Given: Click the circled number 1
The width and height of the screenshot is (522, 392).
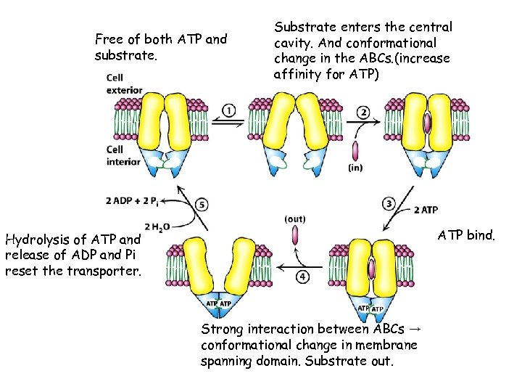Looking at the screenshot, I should tap(229, 110).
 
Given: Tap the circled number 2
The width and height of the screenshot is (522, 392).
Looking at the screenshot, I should tap(362, 112).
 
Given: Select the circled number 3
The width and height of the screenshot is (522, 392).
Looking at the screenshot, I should tap(389, 203).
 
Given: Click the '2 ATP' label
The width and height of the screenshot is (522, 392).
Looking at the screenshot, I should tap(426, 210).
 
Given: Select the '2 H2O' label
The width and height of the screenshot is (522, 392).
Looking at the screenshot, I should tap(157, 226).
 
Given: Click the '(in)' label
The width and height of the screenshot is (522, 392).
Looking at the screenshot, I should tap(355, 168).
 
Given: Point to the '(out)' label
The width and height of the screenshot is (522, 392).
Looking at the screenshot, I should tap(295, 219).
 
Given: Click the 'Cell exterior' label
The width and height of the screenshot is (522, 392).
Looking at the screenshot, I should tap(124, 84).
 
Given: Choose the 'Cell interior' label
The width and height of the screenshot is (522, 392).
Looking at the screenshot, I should tap(123, 155).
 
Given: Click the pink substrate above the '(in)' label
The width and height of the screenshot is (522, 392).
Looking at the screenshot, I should tap(355, 151).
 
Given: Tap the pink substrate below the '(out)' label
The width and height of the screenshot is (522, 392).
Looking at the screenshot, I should tap(295, 235).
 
